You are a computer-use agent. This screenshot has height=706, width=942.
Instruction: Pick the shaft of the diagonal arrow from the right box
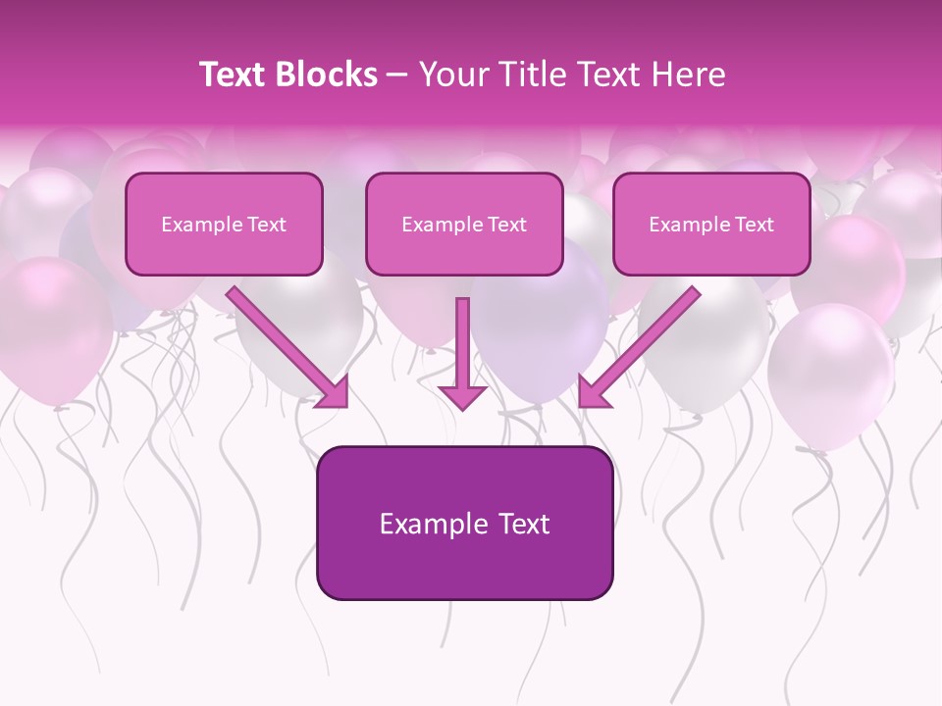click(648, 338)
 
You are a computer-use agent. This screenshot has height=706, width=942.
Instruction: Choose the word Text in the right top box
click(753, 225)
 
